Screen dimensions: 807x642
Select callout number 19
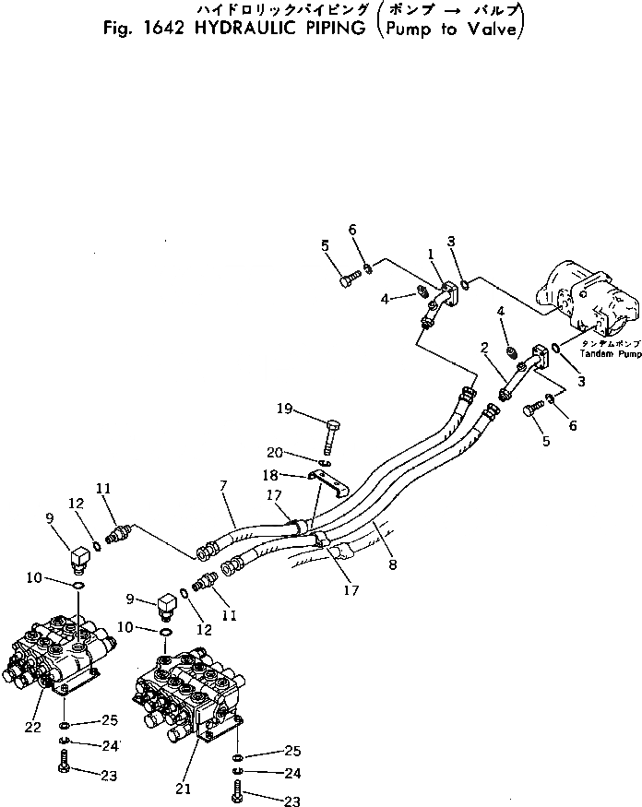pyautogui.click(x=284, y=409)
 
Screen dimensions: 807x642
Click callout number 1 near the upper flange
pyautogui.click(x=430, y=254)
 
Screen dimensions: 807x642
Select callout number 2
pyautogui.click(x=483, y=349)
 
